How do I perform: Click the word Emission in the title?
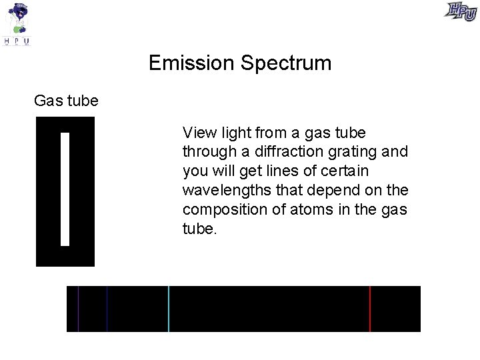point(192,63)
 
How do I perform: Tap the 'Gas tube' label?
point(66,101)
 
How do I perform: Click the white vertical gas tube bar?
point(65,189)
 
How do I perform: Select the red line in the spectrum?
point(370,309)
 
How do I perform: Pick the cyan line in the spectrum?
point(169,309)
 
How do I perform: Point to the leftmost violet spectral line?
point(79,309)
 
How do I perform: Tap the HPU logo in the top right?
point(461,12)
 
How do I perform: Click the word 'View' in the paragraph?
point(197,133)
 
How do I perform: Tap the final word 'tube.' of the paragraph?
point(199,229)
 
